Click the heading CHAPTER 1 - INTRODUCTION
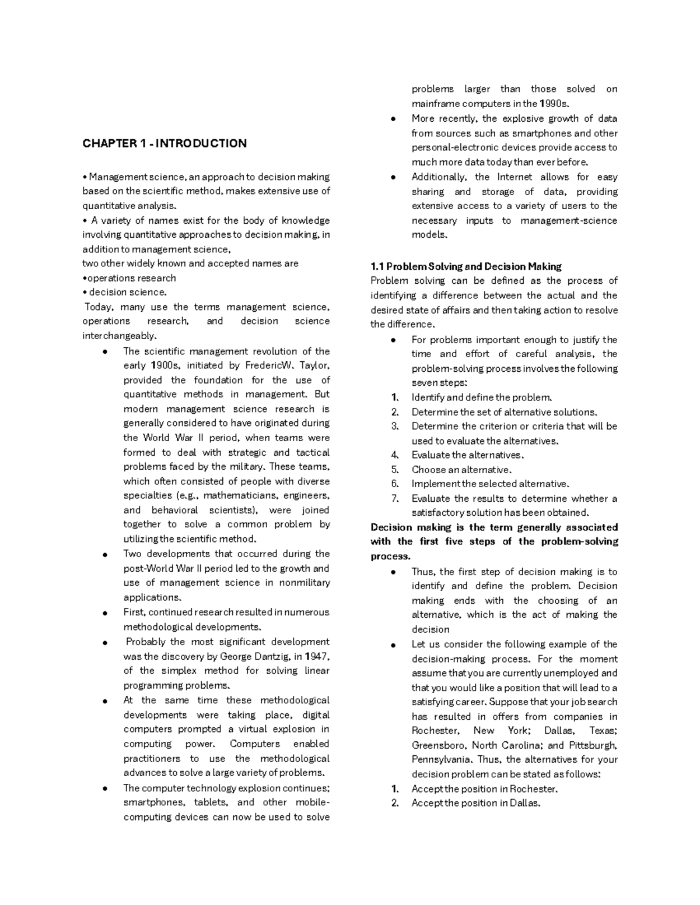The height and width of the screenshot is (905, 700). (x=164, y=143)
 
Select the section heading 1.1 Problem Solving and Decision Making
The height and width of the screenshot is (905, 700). (x=466, y=266)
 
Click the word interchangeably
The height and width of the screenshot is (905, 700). (x=120, y=336)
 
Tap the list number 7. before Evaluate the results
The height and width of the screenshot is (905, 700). (x=395, y=498)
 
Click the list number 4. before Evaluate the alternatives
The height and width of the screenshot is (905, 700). (x=395, y=455)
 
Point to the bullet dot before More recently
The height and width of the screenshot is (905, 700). (x=394, y=119)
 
